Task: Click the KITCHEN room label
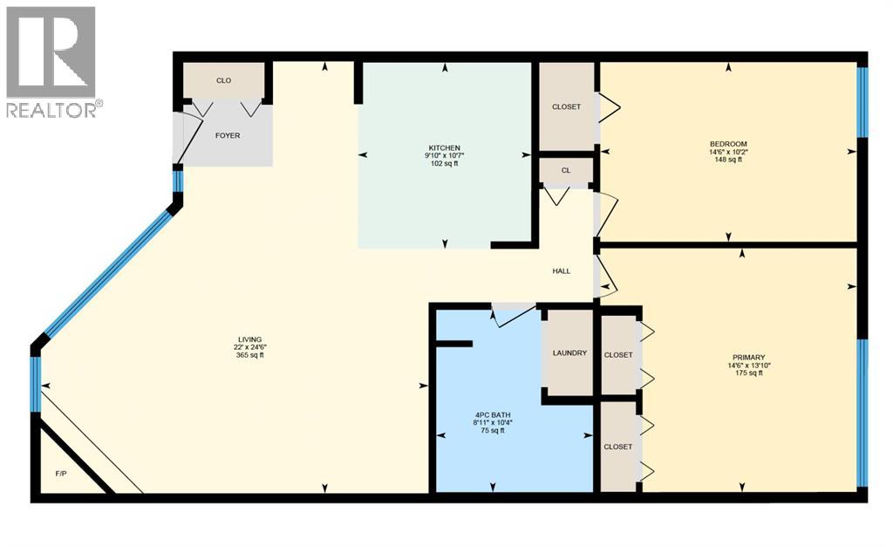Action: pos(444,148)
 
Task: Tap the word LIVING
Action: pos(250,339)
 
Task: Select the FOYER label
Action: pos(228,135)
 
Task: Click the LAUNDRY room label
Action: pos(569,353)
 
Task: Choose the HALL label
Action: pos(562,271)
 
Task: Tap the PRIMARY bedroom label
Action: pos(748,357)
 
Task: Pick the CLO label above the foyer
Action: pos(223,81)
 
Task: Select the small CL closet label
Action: pos(566,171)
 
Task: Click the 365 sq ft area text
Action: pos(250,355)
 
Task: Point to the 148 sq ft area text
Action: pos(727,160)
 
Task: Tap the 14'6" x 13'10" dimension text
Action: pos(748,365)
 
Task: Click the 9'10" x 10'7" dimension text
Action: pos(444,156)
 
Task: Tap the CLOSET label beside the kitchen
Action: pos(567,107)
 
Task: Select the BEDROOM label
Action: pos(727,144)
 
